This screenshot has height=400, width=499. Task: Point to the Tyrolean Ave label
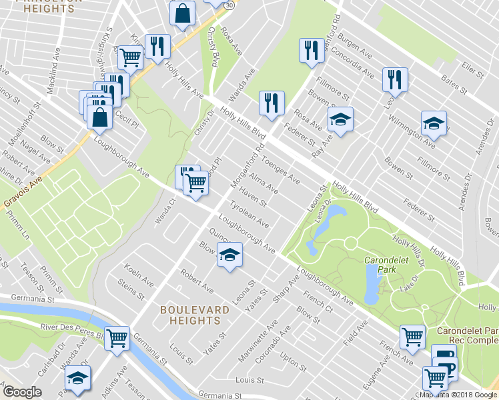[x=249, y=213]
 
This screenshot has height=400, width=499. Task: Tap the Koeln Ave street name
[x=139, y=276]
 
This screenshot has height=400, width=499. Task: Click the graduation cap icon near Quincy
[x=229, y=255]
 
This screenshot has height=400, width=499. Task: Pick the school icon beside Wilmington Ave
[x=433, y=123]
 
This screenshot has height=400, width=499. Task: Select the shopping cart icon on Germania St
[x=117, y=337]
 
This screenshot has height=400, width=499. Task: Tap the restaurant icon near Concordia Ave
[x=312, y=51]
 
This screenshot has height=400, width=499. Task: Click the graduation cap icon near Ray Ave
[x=340, y=120]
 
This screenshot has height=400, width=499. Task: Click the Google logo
[x=23, y=392]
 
